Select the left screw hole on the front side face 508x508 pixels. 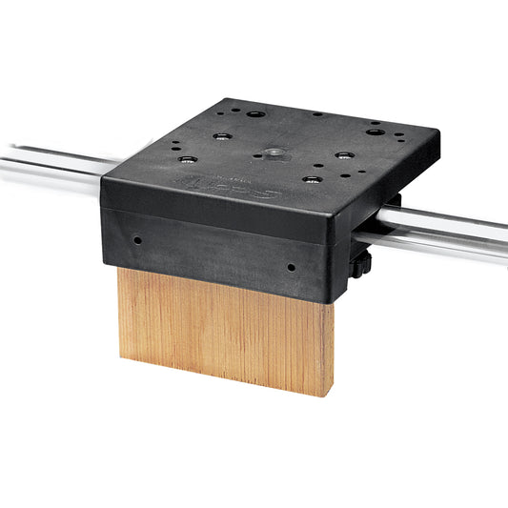(x=138, y=240)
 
